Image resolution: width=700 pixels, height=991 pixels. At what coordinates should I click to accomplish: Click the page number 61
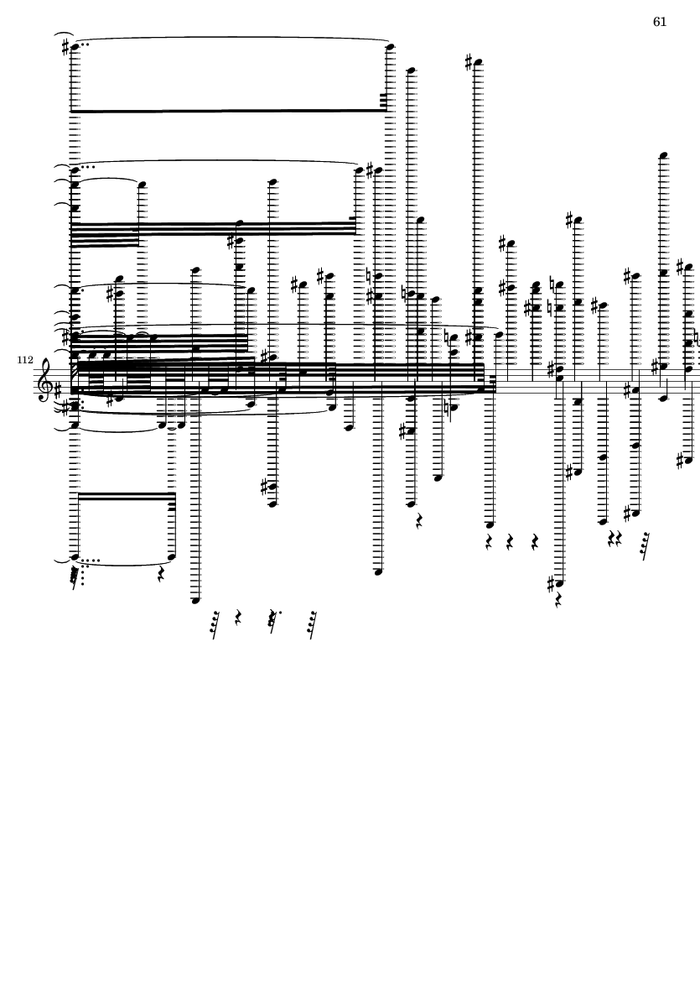660,22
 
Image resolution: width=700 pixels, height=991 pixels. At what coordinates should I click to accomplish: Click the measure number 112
25,360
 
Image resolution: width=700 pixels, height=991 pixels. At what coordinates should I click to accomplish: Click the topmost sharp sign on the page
65,47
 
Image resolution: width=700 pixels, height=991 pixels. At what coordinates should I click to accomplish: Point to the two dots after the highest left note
85,44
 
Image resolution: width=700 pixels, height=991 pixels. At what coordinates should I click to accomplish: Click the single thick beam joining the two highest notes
229,111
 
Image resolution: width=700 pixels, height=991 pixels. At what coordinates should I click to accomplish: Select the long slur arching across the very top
231,37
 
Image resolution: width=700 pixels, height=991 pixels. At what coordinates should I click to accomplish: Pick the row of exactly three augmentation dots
88,167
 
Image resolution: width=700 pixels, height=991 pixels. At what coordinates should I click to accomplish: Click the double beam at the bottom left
125,496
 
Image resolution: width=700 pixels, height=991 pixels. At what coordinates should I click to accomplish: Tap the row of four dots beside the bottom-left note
91,560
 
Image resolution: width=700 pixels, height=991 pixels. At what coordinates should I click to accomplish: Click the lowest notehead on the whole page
195,601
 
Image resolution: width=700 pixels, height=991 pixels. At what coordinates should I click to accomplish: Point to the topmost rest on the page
418,521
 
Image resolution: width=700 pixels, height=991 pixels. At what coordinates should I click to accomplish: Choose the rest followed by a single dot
272,621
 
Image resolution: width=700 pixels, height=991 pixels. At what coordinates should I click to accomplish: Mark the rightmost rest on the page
645,546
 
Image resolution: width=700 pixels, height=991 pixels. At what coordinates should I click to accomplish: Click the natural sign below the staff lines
448,408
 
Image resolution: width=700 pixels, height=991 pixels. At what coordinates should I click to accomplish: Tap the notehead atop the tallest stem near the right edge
663,155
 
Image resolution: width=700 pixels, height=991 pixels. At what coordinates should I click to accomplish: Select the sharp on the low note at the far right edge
679,461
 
